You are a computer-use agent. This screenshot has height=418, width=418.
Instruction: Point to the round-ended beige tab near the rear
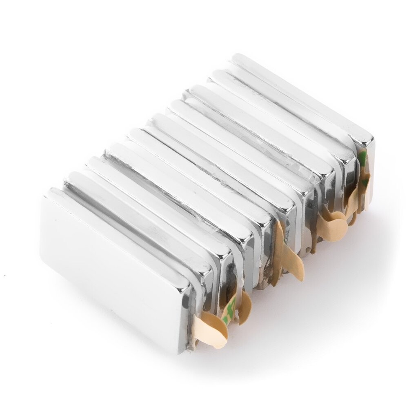(333, 227)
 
